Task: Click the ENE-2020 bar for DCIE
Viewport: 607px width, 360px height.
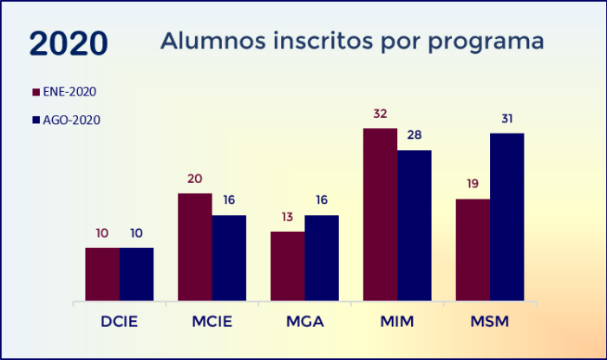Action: click(102, 274)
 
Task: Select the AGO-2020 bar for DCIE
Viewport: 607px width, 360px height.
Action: click(136, 274)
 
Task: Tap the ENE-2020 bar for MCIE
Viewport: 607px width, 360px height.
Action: click(195, 247)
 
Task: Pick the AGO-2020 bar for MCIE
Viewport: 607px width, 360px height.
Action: click(229, 258)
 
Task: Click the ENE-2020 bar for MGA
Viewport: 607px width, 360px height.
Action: click(288, 266)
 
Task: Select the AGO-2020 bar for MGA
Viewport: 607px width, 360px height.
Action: click(322, 258)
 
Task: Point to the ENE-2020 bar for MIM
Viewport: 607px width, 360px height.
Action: click(380, 215)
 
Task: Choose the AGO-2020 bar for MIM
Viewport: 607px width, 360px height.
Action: click(414, 226)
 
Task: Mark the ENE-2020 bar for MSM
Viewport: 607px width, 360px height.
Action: click(473, 250)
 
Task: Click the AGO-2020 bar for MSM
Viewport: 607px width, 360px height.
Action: click(507, 217)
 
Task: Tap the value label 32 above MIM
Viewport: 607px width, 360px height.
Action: click(380, 114)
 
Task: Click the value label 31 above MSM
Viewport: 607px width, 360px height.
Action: click(507, 119)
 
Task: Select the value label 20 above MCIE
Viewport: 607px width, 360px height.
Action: click(195, 179)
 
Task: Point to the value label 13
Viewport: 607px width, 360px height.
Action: click(288, 217)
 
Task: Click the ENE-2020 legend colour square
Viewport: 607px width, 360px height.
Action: click(36, 92)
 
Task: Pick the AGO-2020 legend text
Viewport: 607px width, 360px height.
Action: click(72, 121)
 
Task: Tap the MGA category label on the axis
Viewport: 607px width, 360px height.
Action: click(304, 323)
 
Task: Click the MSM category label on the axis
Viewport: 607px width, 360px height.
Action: click(490, 323)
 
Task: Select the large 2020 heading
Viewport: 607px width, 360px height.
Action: click(69, 43)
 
